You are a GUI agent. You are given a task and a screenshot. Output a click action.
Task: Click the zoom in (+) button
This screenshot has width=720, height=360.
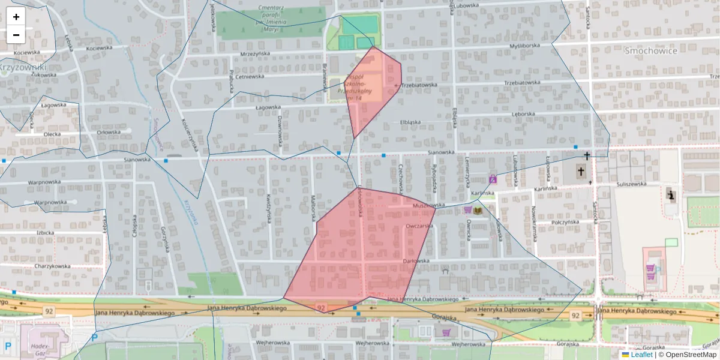16,17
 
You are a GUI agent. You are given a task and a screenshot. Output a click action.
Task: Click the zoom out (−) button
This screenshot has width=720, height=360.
16,35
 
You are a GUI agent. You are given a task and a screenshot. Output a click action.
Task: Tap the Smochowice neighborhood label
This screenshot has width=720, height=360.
651,51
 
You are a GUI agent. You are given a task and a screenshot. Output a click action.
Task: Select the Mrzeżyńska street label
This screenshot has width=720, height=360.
255,53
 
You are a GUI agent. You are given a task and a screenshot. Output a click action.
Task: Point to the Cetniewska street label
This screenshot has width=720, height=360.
250,76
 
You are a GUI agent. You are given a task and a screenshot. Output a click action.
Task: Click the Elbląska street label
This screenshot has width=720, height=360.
410,122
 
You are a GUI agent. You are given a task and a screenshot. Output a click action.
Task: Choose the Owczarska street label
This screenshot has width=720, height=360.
419,226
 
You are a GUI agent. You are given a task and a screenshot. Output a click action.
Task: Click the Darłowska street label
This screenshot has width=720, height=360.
417,261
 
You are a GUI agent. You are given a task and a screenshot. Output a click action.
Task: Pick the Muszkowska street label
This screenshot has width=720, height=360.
428,205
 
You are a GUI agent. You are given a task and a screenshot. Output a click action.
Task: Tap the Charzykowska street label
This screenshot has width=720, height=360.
52,266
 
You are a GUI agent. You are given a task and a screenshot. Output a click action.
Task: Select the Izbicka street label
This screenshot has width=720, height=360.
45,232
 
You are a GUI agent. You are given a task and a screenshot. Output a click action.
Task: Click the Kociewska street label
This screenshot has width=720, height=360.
99,48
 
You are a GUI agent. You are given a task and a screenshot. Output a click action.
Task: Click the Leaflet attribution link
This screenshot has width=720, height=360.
641,355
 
